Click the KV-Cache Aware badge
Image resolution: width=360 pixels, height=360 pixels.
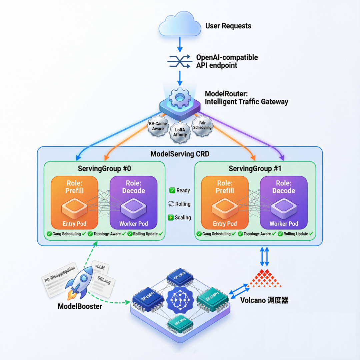[x=158, y=126]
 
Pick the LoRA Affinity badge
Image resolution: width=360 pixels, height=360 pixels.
[x=180, y=133]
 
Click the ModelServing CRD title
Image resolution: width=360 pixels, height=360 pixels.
[x=179, y=154]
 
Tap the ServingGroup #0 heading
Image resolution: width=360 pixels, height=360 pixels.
[x=104, y=169]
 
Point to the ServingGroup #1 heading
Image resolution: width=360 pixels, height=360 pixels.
[x=255, y=169]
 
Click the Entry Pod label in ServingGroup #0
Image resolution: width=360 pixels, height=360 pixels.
[x=74, y=224]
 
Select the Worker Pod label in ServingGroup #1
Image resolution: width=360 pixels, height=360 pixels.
[x=284, y=224]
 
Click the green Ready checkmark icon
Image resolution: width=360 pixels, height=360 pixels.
[x=172, y=190]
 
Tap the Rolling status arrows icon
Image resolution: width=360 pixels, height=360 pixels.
[x=172, y=204]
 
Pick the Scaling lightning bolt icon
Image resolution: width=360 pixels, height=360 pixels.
[x=171, y=218]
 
